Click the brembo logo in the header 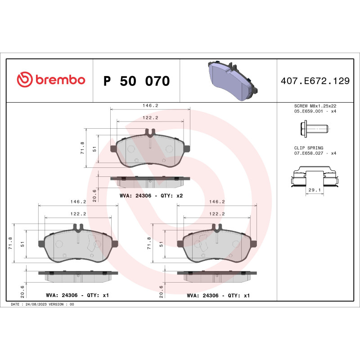click(51, 80)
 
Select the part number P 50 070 click(136, 81)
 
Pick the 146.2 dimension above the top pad click(150, 105)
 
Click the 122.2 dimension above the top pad click(150, 117)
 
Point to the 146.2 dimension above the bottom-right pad click(217, 202)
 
